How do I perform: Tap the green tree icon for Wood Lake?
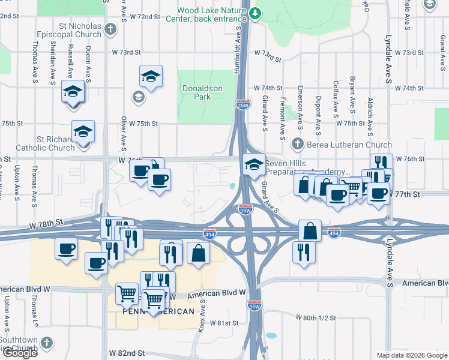pyautogui.click(x=256, y=13)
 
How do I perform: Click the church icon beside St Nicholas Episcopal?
pyautogui.click(x=110, y=29)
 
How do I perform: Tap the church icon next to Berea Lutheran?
pyautogui.click(x=297, y=144)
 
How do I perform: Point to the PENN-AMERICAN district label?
pyautogui.click(x=158, y=311)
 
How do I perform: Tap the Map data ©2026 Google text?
pyautogui.click(x=412, y=355)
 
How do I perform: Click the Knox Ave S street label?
pyautogui.click(x=203, y=317)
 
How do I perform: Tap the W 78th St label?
pyautogui.click(x=47, y=223)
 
